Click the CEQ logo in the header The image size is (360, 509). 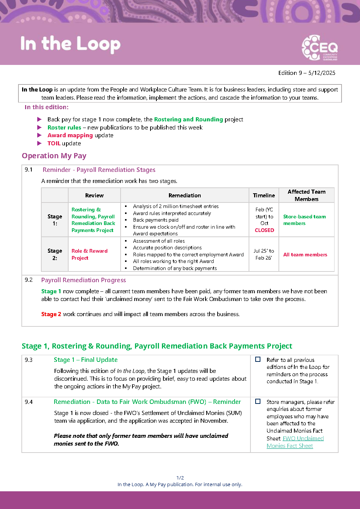(319, 48)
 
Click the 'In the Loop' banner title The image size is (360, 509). (70, 44)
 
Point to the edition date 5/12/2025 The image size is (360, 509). (322, 73)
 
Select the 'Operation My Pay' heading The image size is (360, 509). (54, 156)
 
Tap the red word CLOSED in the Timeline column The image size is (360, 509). (264, 230)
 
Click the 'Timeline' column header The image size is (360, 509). (264, 195)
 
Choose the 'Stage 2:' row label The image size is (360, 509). (55, 254)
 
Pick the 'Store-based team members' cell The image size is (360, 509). (304, 220)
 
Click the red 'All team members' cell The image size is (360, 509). (305, 254)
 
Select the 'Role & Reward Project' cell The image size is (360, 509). (90, 254)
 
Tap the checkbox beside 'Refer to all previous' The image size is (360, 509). (258, 359)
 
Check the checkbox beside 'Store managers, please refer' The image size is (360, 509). (258, 401)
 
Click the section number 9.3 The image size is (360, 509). (29, 360)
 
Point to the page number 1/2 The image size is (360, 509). (180, 478)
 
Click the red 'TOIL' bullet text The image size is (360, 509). (54, 143)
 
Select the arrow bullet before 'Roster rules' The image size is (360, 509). (39, 127)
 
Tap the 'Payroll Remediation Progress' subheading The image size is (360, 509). (83, 280)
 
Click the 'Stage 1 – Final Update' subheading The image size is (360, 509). (86, 360)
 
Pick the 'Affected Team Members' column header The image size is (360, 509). (307, 195)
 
